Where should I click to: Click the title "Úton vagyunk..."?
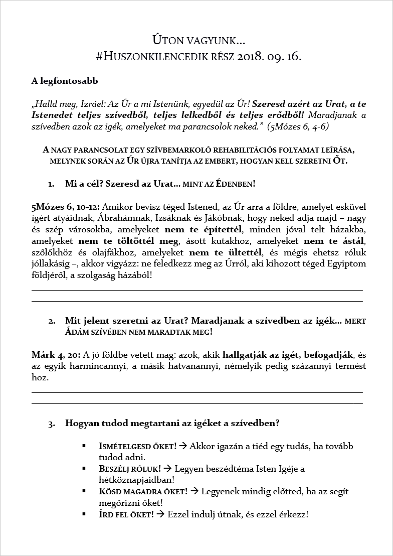pyautogui.click(x=199, y=39)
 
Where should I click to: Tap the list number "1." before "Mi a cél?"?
pyautogui.click(x=52, y=184)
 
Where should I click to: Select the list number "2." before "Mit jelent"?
pyautogui.click(x=52, y=321)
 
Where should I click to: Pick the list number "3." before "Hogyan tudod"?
pyautogui.click(x=52, y=424)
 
